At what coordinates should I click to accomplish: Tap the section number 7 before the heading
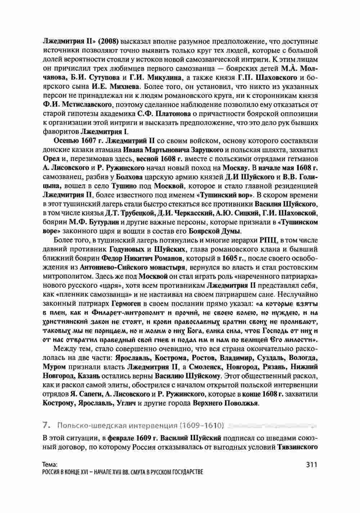tap(45, 426)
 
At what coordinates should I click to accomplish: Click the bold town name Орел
tap(50, 159)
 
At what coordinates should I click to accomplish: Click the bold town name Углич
tap(126, 403)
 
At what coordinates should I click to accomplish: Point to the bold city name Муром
tap(54, 367)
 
